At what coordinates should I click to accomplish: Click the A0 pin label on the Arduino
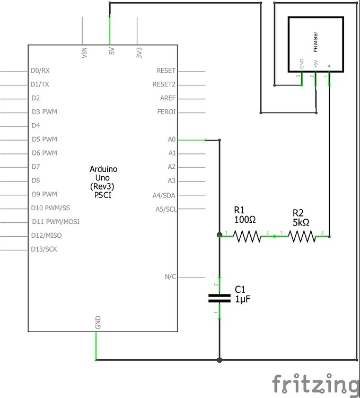171,140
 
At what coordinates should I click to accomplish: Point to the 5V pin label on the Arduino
111,52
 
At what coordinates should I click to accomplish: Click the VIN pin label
84,52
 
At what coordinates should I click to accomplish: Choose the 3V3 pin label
139,52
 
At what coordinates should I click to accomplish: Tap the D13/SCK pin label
45,249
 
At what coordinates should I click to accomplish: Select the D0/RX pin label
40,71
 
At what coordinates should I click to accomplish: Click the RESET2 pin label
164,84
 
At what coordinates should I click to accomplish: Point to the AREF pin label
168,98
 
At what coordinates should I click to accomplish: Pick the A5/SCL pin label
166,209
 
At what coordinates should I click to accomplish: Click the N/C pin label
170,277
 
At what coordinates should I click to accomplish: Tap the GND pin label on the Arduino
98,323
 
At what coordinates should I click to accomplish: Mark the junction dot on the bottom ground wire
219,360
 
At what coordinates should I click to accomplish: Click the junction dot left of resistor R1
219,235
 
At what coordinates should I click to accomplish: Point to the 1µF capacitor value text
242,299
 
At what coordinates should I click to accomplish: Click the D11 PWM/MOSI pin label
56,222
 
